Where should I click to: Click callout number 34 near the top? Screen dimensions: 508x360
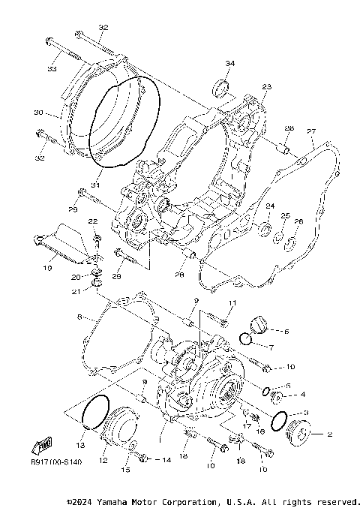(229, 63)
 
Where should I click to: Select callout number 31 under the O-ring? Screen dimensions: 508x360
(95, 185)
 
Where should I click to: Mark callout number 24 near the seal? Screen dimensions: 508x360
(269, 206)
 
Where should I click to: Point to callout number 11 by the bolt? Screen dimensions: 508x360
(232, 302)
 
